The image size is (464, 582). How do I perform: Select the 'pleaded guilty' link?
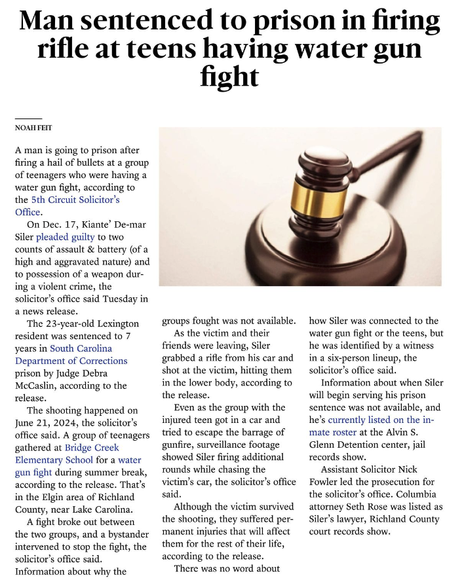click(65, 236)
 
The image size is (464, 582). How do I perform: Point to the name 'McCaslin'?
click(39, 386)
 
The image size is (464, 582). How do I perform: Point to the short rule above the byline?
click(28, 118)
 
